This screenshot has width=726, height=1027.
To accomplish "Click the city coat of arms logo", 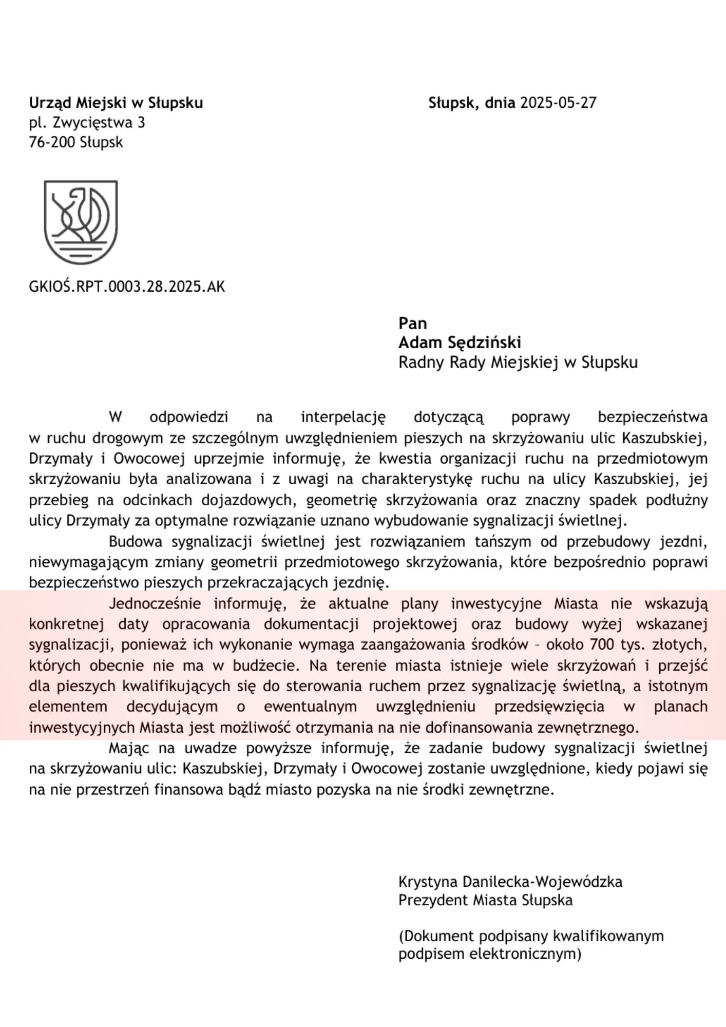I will coord(81,222).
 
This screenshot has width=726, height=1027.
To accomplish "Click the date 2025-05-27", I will coord(558,103).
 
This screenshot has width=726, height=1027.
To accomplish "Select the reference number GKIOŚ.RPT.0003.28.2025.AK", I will coord(127,286).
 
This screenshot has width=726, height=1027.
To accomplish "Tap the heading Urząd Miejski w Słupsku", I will coord(116,103).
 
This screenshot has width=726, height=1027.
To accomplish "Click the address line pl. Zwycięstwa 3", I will coord(87,123).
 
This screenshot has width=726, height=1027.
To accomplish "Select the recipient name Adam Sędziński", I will coord(460,343).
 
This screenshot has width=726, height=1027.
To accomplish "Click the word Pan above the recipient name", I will coord(412,323).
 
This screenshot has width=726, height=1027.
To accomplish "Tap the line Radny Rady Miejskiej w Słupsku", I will coord(518,363).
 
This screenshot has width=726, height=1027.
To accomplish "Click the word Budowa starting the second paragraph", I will coord(135,542).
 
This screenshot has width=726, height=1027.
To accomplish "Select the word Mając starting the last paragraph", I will coord(129,749).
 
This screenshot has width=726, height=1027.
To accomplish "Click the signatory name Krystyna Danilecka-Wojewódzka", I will coord(510,882).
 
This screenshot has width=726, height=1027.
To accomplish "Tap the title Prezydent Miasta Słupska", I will coord(485,900).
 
